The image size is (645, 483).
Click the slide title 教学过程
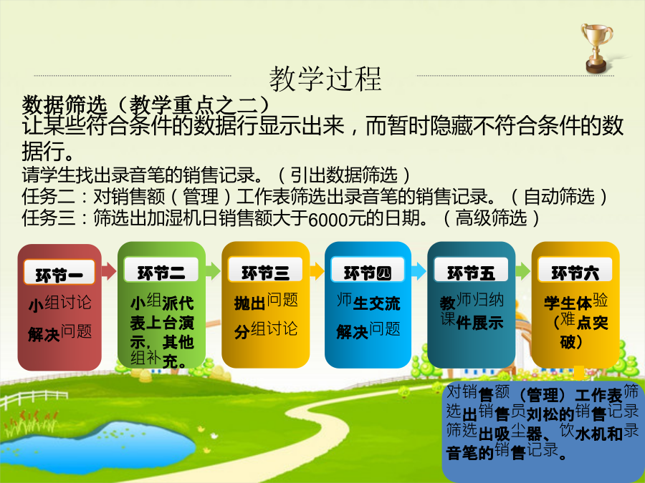point(325,79)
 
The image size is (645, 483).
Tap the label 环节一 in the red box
point(59,275)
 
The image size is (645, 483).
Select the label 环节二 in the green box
point(161,273)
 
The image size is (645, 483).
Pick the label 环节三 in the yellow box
point(265,273)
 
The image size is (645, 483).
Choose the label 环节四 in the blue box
point(368,273)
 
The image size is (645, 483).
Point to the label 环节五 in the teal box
point(471,273)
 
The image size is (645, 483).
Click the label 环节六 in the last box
point(575,273)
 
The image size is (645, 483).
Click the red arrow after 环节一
point(109,271)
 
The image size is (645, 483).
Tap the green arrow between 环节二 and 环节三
point(213,271)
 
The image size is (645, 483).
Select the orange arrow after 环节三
point(317,271)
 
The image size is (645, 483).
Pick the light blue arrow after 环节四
point(419,271)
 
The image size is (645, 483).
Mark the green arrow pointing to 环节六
point(523,271)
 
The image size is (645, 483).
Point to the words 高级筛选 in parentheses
point(492,218)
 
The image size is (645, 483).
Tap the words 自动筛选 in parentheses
point(560,196)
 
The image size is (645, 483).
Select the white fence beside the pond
point(34,398)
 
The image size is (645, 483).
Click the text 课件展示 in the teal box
point(472,321)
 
